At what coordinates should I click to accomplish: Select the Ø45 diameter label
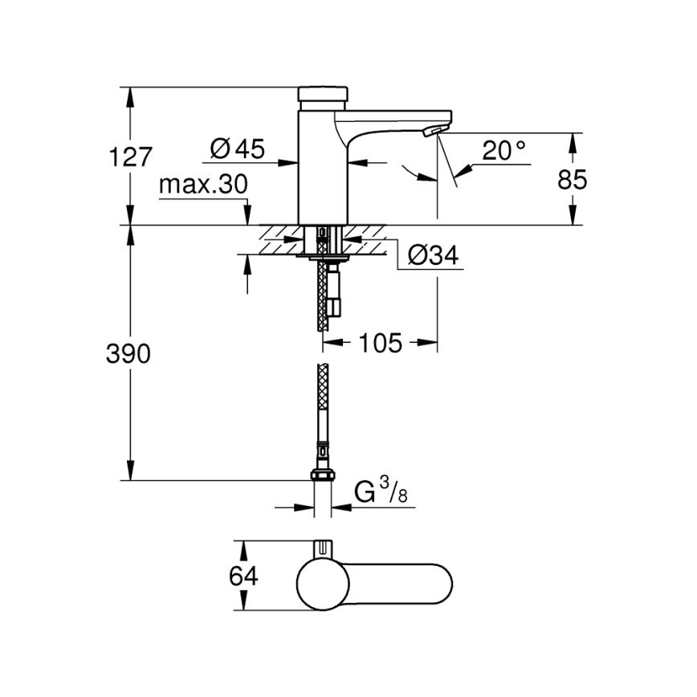[238, 149]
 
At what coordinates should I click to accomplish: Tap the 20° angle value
[504, 150]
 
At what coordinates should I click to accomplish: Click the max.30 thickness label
[202, 185]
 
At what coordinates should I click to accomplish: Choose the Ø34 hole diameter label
[433, 255]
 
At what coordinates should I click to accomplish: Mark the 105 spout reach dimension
[380, 343]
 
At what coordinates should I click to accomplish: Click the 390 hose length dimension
[129, 353]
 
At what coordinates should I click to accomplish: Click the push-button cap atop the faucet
[322, 95]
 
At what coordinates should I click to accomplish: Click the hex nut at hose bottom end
[322, 473]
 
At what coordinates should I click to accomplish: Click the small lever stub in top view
[323, 548]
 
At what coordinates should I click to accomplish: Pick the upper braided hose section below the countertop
[324, 297]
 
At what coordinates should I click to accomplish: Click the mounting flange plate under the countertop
[322, 256]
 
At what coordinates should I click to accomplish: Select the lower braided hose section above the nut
[323, 410]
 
